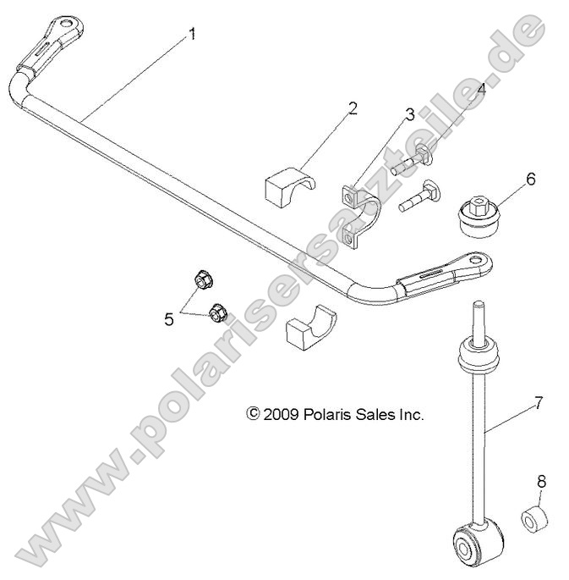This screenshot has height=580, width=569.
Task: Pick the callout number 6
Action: tap(530, 179)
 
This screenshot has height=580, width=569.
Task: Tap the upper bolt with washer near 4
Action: tap(413, 160)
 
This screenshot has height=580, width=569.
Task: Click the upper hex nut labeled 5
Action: tap(203, 279)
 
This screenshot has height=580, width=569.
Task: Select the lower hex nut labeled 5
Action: tap(216, 312)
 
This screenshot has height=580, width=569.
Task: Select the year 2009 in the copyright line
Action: tap(278, 415)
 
